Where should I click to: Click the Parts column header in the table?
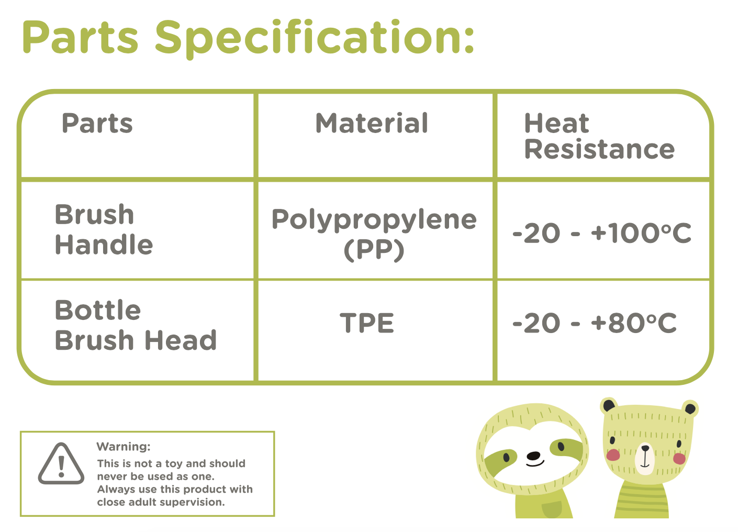(x=97, y=124)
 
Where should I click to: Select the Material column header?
(x=372, y=123)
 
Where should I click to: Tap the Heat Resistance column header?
(x=599, y=136)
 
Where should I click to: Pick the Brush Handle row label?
(x=104, y=229)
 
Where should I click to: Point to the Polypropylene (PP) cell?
(x=374, y=234)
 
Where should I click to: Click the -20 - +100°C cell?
(x=601, y=233)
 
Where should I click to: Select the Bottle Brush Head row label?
(x=136, y=325)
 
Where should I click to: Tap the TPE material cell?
(x=367, y=323)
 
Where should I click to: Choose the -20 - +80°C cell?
(x=595, y=323)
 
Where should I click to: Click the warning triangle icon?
(x=61, y=464)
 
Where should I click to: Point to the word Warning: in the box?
(x=124, y=447)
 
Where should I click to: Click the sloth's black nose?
(x=533, y=456)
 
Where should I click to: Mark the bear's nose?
(x=645, y=448)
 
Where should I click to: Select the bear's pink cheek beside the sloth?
(x=613, y=455)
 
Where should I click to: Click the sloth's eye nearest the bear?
(x=561, y=447)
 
